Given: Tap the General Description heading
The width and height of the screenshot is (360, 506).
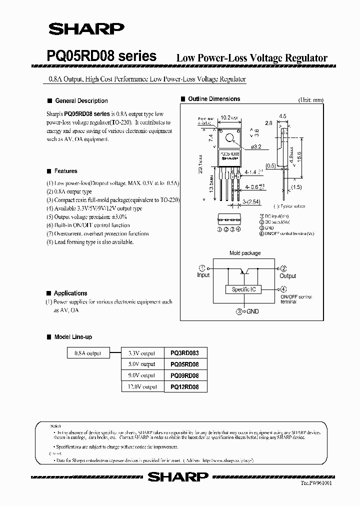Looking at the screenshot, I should tap(81, 100).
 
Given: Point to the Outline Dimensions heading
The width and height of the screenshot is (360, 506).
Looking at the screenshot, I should tap(214, 99).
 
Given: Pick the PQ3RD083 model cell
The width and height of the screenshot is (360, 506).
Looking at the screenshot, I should tap(184, 353).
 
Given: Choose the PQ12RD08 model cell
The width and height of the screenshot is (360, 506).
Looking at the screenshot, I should tap(184, 386).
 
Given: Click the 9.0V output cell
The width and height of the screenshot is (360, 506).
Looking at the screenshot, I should tap(141, 375).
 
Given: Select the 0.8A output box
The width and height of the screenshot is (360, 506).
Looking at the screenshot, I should tap(87, 353).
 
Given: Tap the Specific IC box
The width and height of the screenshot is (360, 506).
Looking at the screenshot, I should tap(244, 289).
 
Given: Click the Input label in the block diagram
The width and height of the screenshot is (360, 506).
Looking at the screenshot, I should tap(203, 275).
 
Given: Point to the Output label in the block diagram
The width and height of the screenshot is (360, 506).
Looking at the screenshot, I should tap(288, 275).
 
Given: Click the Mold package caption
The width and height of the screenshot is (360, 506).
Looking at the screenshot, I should tap(245, 253).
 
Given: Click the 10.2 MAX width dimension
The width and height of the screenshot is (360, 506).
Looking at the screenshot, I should tap(229, 117).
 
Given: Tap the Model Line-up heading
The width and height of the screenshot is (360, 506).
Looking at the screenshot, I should tap(73, 337).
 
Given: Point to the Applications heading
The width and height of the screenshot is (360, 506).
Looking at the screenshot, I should tap(70, 293).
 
